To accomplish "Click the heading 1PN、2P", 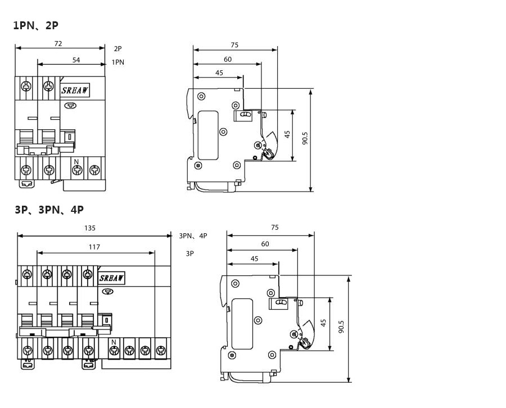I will tap(35, 25).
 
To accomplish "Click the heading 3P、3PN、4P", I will tap(49, 210).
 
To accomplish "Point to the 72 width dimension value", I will tap(58, 43).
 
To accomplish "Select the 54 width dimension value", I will tap(76, 60).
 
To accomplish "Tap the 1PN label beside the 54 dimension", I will tap(118, 62).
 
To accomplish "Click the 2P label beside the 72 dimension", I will tap(118, 49).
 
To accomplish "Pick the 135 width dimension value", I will tap(90, 228).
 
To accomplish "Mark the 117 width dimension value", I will tap(94, 247).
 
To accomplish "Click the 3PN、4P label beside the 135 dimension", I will tap(193, 236).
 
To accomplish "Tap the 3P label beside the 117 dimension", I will tap(190, 253).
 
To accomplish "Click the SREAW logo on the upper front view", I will tap(74, 90).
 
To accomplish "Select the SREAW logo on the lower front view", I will tap(111, 278).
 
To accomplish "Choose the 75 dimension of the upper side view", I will tap(234, 45).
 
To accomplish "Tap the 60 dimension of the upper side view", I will tap(228, 59).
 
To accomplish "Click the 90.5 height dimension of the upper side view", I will tap(305, 139).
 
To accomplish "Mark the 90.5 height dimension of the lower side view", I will tap(342, 327).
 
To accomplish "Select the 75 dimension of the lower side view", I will tap(274, 228).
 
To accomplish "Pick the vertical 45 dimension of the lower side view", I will tap(323, 323).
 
